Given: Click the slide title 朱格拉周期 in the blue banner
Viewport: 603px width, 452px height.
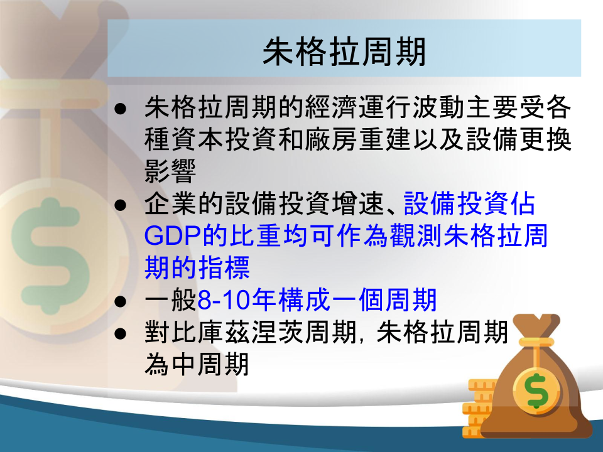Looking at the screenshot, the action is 344,51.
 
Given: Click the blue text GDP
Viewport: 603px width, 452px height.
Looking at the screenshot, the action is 173,235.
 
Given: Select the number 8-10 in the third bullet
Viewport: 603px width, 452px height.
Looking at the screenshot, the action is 224,300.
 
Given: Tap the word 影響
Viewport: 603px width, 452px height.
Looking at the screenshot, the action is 170,171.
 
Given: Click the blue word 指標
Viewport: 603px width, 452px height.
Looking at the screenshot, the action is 224,267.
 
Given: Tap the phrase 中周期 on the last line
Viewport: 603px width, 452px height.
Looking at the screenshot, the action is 210,364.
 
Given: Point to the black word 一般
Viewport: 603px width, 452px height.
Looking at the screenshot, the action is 170,300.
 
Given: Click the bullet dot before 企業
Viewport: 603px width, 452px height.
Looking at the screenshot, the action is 121,205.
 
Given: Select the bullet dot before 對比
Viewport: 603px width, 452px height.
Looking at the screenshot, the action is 121,334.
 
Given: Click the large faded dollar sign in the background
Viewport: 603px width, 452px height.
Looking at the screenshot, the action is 50,256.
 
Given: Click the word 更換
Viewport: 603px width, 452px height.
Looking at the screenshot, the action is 545,139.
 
